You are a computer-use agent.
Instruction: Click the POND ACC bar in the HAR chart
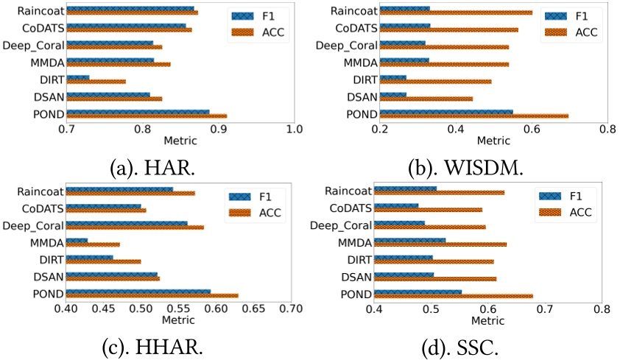click(147, 116)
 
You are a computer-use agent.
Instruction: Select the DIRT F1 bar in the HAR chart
click(77, 77)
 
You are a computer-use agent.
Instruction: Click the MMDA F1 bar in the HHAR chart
click(77, 240)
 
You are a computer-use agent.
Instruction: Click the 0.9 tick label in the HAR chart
click(219, 129)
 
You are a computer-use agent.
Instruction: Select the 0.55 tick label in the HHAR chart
click(178, 309)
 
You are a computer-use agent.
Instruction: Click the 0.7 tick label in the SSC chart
click(545, 309)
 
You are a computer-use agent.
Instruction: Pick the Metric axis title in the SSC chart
click(487, 321)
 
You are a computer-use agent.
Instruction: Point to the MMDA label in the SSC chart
click(353, 242)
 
